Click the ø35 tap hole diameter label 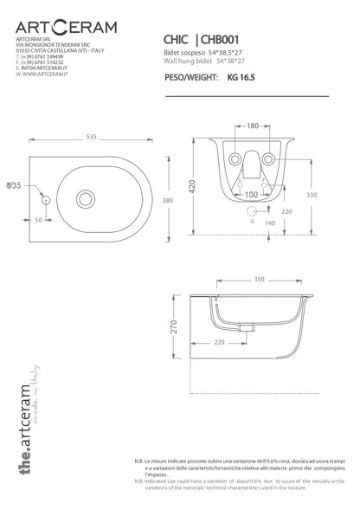point(13,185)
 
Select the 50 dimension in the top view point(39,221)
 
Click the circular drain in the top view point(87,199)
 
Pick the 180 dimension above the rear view point(252,126)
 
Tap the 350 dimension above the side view point(259,280)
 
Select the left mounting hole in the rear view point(233,159)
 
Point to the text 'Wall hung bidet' point(184,62)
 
